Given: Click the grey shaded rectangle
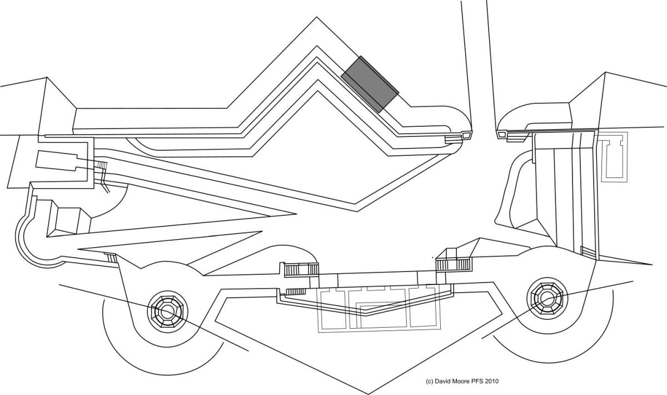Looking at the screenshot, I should pos(370,84).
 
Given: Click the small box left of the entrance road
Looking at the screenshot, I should pos(465,135).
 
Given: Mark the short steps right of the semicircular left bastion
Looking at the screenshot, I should pos(112,257).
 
